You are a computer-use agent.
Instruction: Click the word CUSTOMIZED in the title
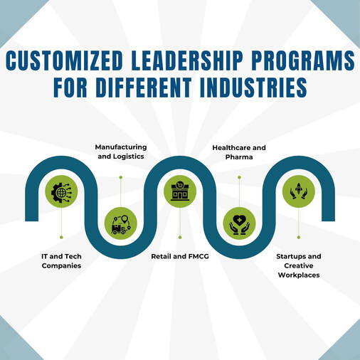click(64, 60)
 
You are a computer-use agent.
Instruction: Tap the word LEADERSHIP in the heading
click(187, 60)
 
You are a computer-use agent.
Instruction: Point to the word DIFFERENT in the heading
click(144, 87)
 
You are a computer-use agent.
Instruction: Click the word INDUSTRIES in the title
click(253, 87)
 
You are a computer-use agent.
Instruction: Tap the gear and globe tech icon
click(61, 191)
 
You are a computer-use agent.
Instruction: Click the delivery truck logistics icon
click(121, 223)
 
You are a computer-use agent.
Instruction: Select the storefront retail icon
click(180, 191)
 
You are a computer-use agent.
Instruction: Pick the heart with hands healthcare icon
click(239, 223)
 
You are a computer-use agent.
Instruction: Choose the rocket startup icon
click(299, 191)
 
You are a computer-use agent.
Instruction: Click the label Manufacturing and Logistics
click(121, 152)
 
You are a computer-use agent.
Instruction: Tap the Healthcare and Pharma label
click(239, 152)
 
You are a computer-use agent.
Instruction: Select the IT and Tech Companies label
click(61, 261)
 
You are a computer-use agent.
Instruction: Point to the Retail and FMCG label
click(180, 256)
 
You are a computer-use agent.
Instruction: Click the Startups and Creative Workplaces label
click(299, 265)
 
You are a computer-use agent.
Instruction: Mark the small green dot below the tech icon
click(61, 237)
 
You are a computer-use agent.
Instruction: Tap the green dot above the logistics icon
click(121, 177)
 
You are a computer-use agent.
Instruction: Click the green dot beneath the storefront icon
click(180, 237)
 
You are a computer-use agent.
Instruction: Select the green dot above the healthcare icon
click(239, 177)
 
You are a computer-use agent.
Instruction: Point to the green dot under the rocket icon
click(299, 237)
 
